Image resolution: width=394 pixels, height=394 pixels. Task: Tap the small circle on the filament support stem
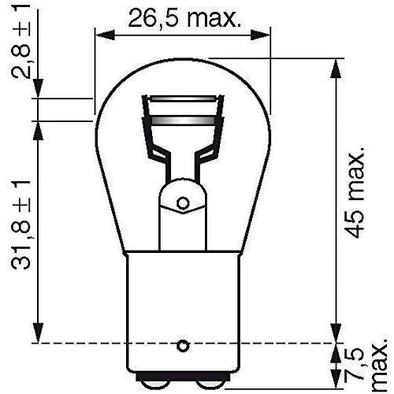coord(183,203)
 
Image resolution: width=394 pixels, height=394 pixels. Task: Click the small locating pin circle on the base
coord(183,345)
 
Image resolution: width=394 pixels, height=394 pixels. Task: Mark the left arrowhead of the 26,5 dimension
coord(100,35)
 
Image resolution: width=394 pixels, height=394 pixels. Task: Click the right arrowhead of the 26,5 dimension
coord(266,35)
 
